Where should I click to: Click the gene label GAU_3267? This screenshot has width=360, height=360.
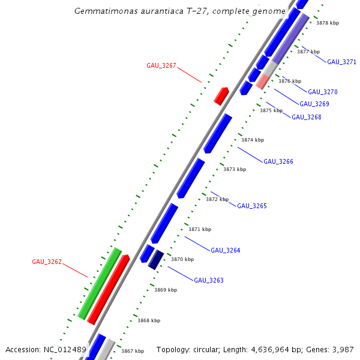pyautogui.click(x=161, y=65)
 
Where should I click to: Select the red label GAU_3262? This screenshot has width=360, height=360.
pyautogui.click(x=47, y=262)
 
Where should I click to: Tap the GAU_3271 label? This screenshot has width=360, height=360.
pyautogui.click(x=341, y=62)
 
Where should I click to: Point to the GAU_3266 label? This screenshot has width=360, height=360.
pyautogui.click(x=278, y=161)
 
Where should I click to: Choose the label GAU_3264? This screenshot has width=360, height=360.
pyautogui.click(x=225, y=250)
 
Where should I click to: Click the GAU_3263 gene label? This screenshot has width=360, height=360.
pyautogui.click(x=208, y=280)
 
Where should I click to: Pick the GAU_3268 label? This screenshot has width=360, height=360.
pyautogui.click(x=306, y=117)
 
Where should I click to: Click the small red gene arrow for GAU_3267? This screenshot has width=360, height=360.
pyautogui.click(x=221, y=95)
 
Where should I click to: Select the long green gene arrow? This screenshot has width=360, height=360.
pyautogui.click(x=100, y=283)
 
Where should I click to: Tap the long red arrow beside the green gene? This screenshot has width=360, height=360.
pyautogui.click(x=109, y=289)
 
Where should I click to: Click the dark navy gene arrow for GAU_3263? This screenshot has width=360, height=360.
pyautogui.click(x=156, y=259)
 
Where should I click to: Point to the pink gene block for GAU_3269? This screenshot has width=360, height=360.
pyautogui.click(x=262, y=82)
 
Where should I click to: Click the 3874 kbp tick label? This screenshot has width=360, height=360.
pyautogui.click(x=253, y=140)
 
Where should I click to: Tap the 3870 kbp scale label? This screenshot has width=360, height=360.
pyautogui.click(x=182, y=259)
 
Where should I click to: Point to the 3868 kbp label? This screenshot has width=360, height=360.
pyautogui.click(x=149, y=320)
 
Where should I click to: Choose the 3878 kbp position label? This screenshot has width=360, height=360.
pyautogui.click(x=328, y=23)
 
